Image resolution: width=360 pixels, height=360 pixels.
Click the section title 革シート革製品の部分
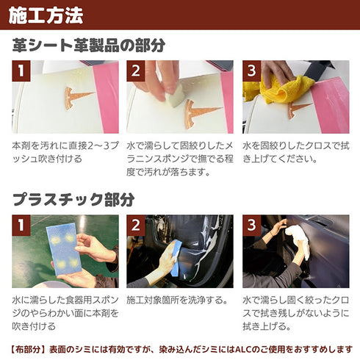tap(89, 46)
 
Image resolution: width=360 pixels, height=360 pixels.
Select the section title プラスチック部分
tap(73, 200)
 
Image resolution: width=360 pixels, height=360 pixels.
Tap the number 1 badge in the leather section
tap(22, 71)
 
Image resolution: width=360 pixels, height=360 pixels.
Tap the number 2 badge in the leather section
tap(136, 71)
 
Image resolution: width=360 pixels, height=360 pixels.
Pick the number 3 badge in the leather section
tap(251, 71)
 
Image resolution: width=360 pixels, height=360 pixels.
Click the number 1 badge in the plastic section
tap(22, 225)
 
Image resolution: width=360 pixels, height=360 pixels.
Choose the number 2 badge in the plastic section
tap(136, 225)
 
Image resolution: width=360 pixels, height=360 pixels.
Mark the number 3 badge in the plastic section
tap(251, 225)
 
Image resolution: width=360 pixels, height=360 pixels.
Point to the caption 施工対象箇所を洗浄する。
tap(176, 301)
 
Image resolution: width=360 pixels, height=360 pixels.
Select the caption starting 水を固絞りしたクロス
tap(294, 154)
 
